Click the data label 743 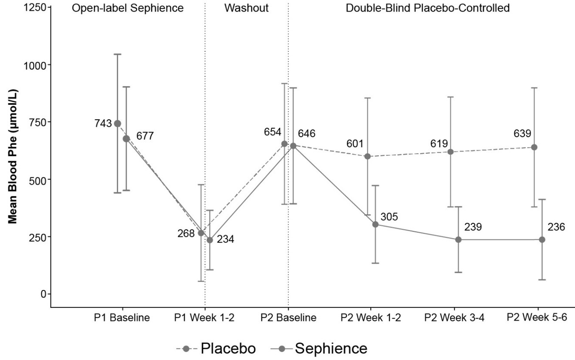(x=103, y=123)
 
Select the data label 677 (x=145, y=136)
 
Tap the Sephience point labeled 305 (x=375, y=224)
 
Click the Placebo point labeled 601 (x=367, y=156)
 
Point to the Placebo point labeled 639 (x=534, y=147)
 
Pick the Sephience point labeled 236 (x=542, y=239)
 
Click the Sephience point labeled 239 (x=458, y=239)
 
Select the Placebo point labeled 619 (x=451, y=151)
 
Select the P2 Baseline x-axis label (x=288, y=317)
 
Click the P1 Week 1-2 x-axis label (x=205, y=317)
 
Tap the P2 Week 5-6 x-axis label (x=537, y=317)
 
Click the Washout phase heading (x=247, y=8)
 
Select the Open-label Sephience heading (x=128, y=8)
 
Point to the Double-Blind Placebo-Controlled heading (x=427, y=8)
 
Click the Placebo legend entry (x=216, y=348)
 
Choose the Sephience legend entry (x=319, y=348)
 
